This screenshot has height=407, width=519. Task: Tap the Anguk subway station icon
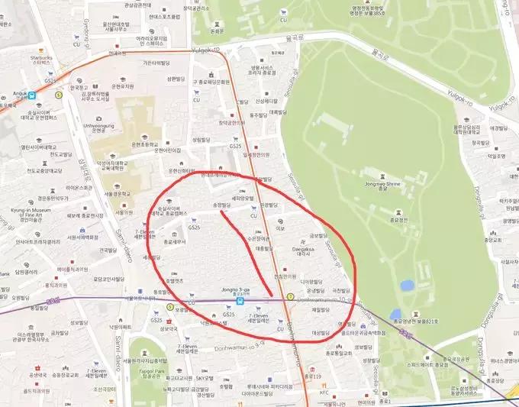click(33, 95)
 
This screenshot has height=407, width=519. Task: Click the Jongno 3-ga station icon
click(240, 301)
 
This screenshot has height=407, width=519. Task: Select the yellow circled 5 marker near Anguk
click(60, 95)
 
